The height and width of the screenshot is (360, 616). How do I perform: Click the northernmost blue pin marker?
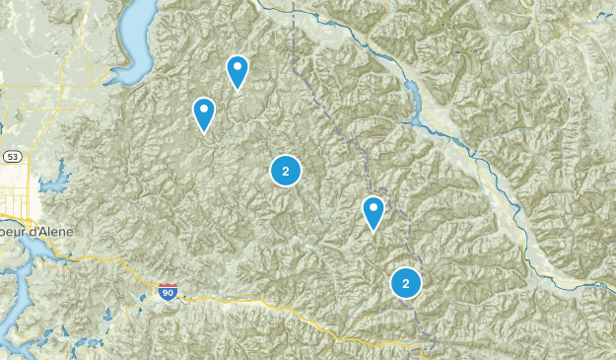(x=238, y=71)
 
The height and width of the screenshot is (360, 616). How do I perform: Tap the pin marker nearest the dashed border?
(x=374, y=211)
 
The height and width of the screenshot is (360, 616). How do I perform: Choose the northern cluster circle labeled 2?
(x=285, y=171)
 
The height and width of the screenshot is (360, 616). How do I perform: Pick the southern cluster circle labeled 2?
(x=405, y=283)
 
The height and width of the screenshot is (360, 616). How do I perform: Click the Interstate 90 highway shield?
(x=168, y=292)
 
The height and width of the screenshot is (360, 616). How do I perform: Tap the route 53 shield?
(x=11, y=157)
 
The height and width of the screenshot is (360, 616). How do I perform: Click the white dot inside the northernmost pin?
(x=238, y=67)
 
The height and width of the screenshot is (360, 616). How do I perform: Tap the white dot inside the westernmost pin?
(x=204, y=108)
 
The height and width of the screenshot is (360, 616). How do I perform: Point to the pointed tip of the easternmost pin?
(x=374, y=231)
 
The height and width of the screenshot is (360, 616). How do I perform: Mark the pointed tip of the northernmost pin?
(x=238, y=91)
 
